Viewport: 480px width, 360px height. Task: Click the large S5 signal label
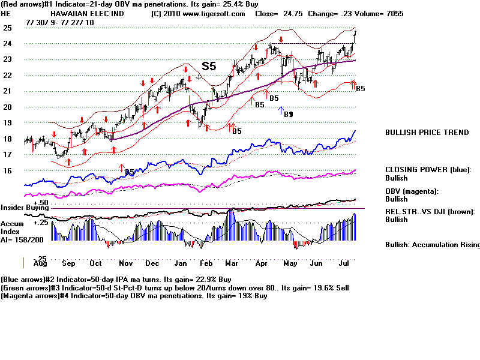(x=208, y=66)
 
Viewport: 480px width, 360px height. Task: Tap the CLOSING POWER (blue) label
(x=428, y=170)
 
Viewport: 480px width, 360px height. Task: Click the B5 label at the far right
(x=361, y=89)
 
